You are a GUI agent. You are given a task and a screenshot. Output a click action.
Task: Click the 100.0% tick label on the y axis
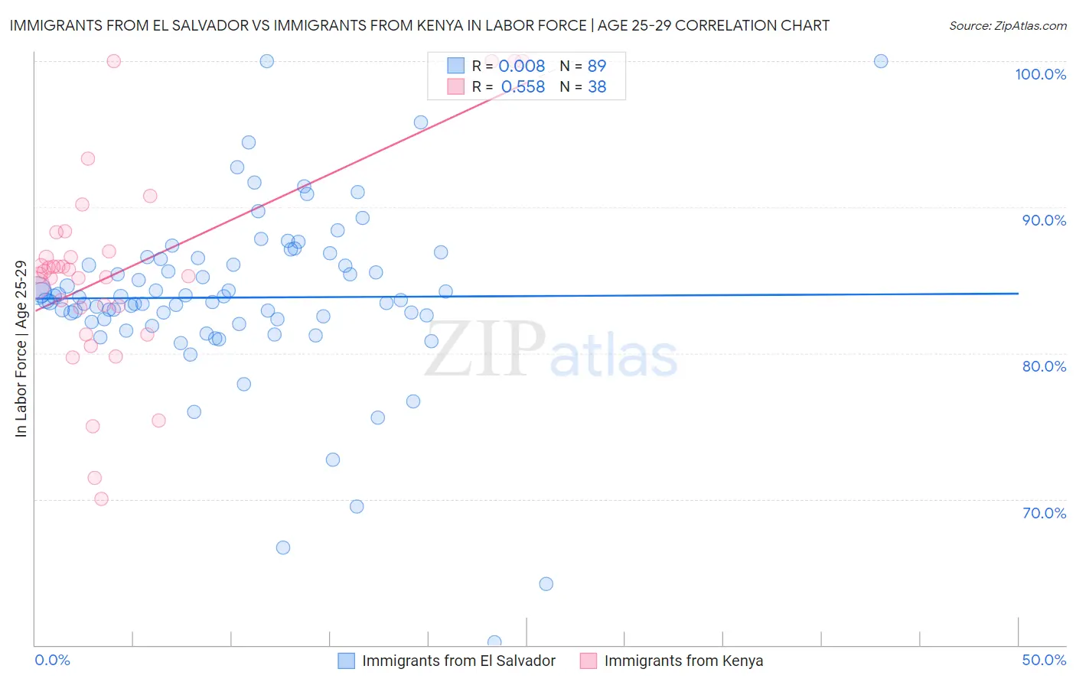tap(1040, 74)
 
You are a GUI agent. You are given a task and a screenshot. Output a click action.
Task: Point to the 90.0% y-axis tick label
tap(1044, 220)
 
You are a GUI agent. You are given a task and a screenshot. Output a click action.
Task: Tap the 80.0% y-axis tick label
tap(1044, 366)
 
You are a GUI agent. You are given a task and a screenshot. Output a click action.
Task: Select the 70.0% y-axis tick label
tap(1044, 513)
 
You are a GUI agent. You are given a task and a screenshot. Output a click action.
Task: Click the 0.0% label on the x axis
tap(52, 660)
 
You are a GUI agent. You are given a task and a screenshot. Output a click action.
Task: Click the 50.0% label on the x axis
tap(1044, 660)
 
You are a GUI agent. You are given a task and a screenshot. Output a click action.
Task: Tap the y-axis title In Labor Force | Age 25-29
tap(21, 349)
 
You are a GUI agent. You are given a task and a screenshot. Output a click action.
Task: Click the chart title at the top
tap(419, 25)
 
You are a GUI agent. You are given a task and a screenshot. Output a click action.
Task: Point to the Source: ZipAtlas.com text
tap(1007, 25)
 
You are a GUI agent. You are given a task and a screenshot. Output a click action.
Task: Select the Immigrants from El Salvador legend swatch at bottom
tap(347, 661)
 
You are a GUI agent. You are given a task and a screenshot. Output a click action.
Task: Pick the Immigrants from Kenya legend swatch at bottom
tap(589, 661)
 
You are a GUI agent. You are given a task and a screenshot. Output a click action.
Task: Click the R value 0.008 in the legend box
tap(521, 66)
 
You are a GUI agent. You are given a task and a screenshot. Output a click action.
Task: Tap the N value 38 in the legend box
tap(597, 87)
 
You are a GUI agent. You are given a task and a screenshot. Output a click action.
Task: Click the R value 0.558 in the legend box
tap(523, 87)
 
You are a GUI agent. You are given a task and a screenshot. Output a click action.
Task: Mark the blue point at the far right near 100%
tap(881, 61)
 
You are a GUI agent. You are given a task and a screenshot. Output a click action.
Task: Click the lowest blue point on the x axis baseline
tap(494, 642)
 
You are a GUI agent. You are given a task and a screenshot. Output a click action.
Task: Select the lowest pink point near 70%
tap(101, 499)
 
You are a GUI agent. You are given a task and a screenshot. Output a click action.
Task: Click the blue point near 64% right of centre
tap(546, 584)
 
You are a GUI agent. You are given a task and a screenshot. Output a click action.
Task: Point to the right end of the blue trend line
tap(1018, 294)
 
